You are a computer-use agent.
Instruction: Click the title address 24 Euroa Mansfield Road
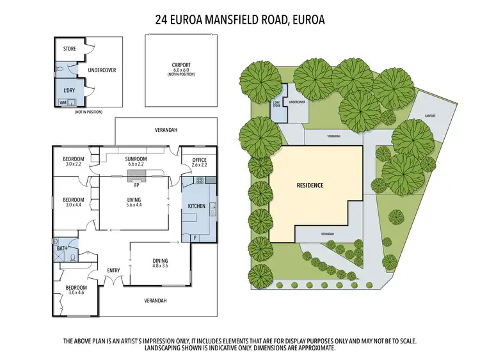pos(240,19)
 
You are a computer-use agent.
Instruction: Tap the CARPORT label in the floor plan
pos(181,65)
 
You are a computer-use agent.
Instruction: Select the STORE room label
pos(69,48)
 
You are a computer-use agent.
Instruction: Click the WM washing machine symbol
pos(63,102)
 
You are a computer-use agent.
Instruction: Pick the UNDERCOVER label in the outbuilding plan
pos(102,70)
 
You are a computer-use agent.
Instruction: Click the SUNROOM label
pos(136,159)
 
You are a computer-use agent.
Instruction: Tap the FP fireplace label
pos(136,185)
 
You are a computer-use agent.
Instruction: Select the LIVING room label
pos(133,200)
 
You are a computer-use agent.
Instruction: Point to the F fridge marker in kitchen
pos(195,238)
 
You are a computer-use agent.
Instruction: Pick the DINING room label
pos(160,260)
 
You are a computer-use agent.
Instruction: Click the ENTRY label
pos(113,270)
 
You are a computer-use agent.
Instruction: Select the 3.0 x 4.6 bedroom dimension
pos(74,293)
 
